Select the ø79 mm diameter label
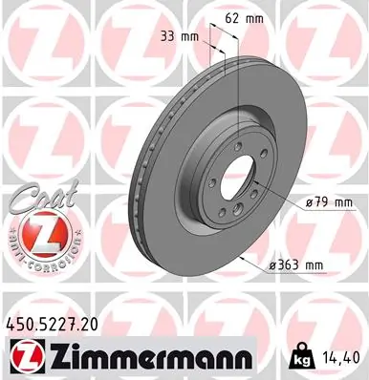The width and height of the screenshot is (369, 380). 329,201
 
